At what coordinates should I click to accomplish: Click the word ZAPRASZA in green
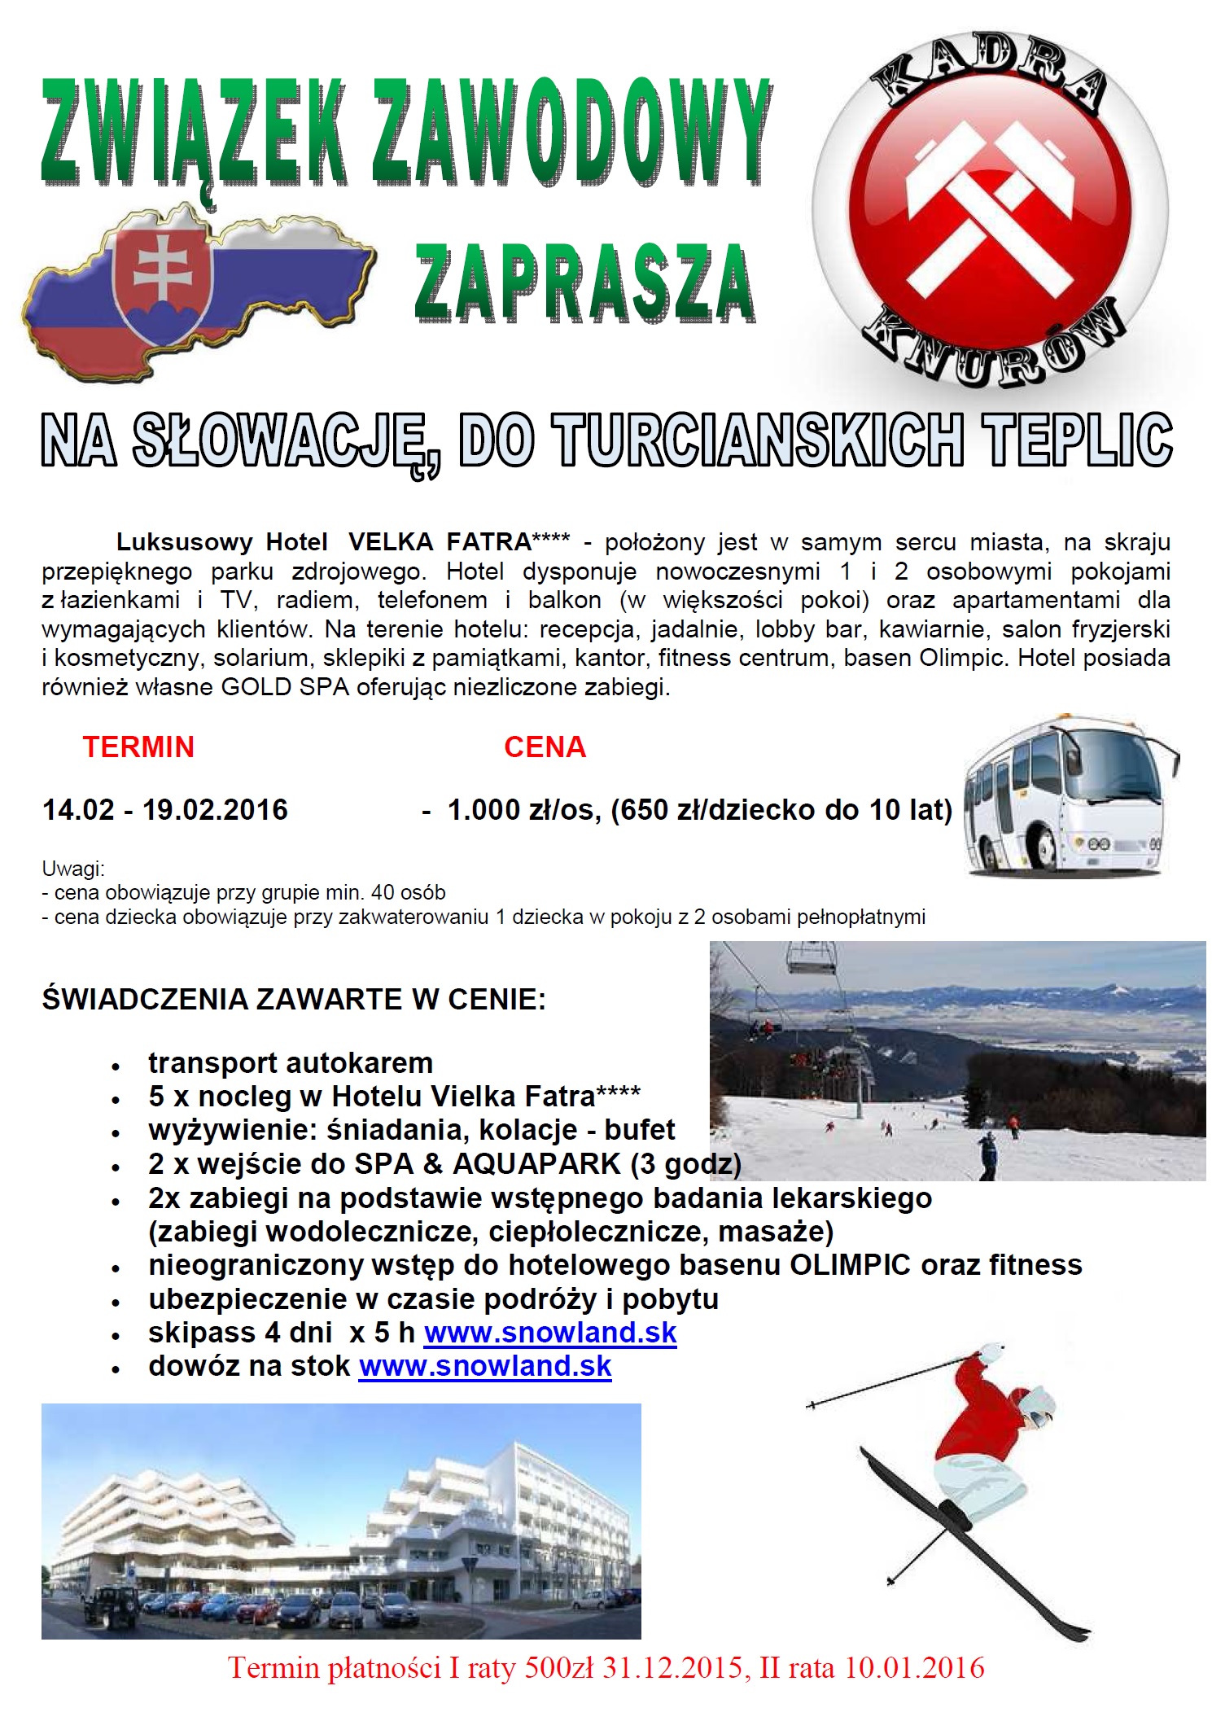click(584, 282)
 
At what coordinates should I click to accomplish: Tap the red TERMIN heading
click(138, 747)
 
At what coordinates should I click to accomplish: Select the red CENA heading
click(545, 747)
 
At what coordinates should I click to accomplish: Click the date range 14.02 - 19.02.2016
click(165, 809)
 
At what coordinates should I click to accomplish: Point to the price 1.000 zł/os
click(523, 809)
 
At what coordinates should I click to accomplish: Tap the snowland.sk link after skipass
click(550, 1333)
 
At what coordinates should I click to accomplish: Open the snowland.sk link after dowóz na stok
click(485, 1366)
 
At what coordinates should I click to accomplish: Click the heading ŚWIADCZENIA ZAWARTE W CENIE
click(294, 999)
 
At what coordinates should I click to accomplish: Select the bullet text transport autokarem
click(291, 1062)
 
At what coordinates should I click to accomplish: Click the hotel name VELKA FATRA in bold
click(440, 541)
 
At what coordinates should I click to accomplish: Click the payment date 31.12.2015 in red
click(672, 1668)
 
